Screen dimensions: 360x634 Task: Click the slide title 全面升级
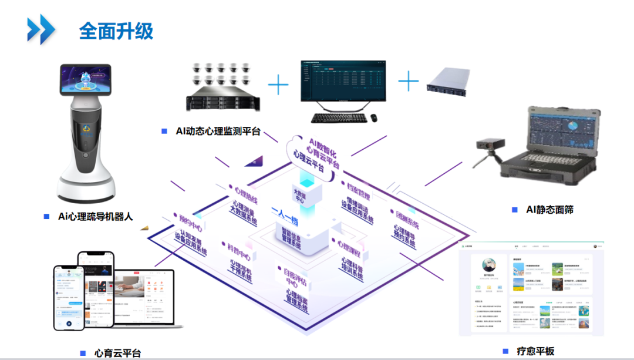coord(116,31)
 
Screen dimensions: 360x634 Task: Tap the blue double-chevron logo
coord(41,29)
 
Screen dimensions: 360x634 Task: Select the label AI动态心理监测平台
coord(218,132)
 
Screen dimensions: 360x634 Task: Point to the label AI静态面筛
coord(549,209)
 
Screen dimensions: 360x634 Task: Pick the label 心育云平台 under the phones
coord(117,353)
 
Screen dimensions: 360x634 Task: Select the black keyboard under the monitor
coord(338,118)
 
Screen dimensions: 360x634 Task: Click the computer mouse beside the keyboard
coord(373,118)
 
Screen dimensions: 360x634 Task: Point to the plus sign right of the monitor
coord(409,80)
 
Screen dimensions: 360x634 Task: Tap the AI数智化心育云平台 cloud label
coord(317,154)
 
